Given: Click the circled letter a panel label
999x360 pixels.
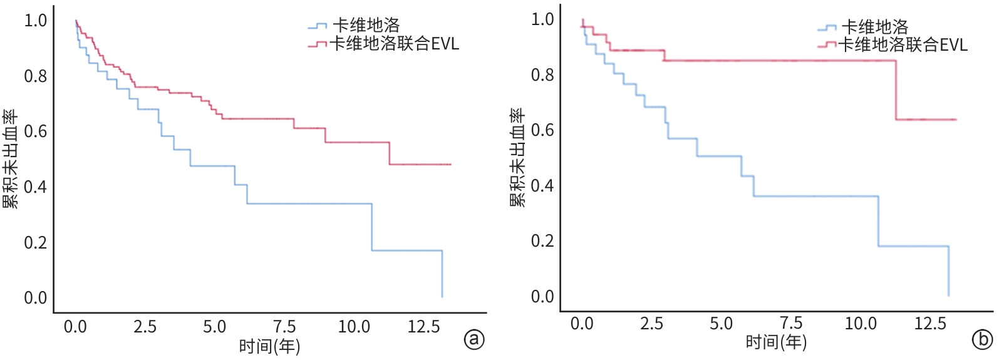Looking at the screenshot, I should click(x=474, y=339).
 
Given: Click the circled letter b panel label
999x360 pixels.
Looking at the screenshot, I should click(x=981, y=339).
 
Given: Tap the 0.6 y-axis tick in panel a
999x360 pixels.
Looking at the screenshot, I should click(x=35, y=131).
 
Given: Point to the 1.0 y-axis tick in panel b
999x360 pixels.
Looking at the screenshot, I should click(x=542, y=19).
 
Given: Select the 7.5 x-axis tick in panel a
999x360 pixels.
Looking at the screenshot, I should click(x=284, y=327).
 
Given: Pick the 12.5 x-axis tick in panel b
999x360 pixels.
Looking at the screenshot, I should click(x=930, y=324).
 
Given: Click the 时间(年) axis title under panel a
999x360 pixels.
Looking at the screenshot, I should click(x=269, y=346).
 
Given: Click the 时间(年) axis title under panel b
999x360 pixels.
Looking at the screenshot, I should click(x=776, y=342).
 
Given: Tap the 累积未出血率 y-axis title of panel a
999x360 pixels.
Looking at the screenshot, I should click(x=10, y=159).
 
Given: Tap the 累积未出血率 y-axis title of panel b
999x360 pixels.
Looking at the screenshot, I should click(x=517, y=158).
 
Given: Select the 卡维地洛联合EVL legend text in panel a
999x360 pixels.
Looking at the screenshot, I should click(x=395, y=44).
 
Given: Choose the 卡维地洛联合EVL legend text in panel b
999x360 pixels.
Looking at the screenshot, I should click(x=903, y=44).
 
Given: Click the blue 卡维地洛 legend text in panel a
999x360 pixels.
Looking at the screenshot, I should click(x=366, y=26).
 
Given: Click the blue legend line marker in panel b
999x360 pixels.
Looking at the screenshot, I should click(x=826, y=28).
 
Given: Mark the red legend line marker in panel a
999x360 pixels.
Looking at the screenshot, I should click(x=318, y=44).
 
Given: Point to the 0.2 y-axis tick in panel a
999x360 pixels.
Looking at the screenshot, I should click(x=35, y=242).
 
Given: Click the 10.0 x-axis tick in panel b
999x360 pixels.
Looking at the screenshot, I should click(x=861, y=324).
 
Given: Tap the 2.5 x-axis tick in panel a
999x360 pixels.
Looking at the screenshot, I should click(x=145, y=327).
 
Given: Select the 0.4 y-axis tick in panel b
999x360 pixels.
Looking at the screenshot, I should click(x=542, y=186).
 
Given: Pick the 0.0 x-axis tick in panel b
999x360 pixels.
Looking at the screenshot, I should click(x=581, y=324).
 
